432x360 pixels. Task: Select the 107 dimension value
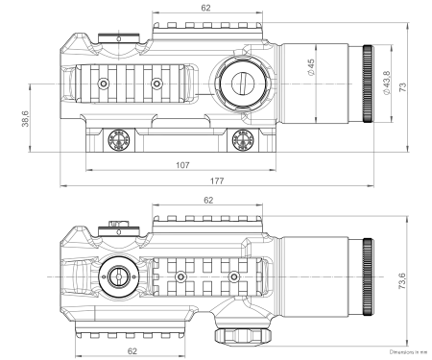182,163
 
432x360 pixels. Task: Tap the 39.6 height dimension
25,119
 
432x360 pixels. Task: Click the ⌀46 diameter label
312,67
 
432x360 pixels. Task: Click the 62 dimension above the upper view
206,8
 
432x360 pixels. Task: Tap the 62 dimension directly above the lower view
209,200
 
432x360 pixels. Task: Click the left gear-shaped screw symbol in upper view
120,140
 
